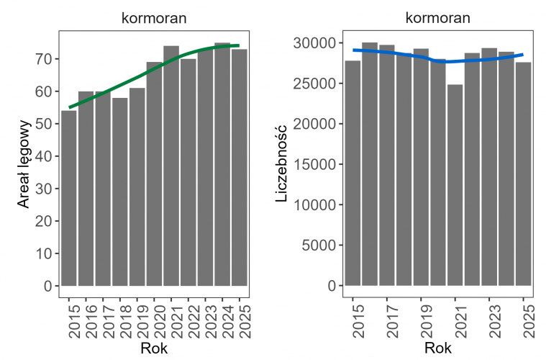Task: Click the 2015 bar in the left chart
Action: (69, 198)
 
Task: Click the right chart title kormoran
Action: (439, 19)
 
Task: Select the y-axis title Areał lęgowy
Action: (23, 164)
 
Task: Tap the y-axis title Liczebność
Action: (282, 164)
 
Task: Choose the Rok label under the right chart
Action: (439, 349)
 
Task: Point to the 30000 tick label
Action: (315, 43)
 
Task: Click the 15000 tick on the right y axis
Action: (315, 164)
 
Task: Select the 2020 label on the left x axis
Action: (155, 320)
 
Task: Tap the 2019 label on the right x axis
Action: (421, 320)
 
